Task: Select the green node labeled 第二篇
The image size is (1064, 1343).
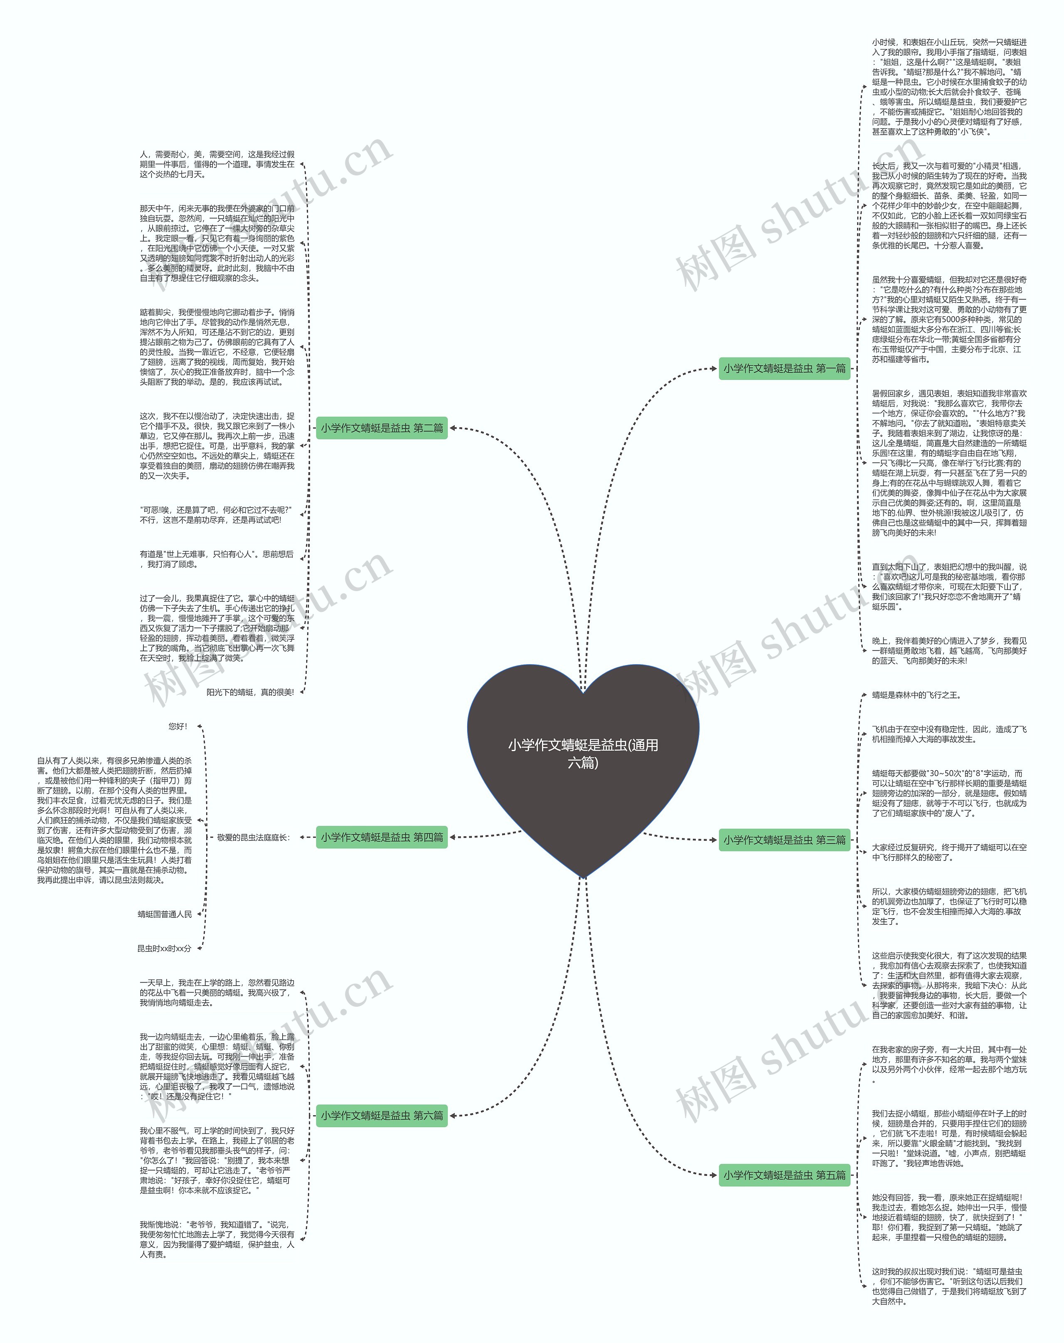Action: pyautogui.click(x=382, y=428)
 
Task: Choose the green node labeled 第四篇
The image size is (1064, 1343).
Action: pyautogui.click(x=382, y=837)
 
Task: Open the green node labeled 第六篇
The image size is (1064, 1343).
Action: pyautogui.click(x=382, y=1115)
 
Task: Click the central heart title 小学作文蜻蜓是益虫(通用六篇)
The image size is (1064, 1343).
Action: pyautogui.click(x=583, y=753)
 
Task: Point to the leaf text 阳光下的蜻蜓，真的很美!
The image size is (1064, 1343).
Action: pyautogui.click(x=250, y=692)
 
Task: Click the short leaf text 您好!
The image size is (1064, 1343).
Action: pyautogui.click(x=177, y=726)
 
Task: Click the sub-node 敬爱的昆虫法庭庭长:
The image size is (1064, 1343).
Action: pyautogui.click(x=254, y=837)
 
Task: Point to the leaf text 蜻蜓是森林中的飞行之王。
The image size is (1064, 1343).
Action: pyautogui.click(x=916, y=695)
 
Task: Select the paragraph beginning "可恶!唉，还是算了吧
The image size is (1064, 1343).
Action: pyautogui.click(x=216, y=515)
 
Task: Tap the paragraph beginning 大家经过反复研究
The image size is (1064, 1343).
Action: pyautogui.click(x=949, y=852)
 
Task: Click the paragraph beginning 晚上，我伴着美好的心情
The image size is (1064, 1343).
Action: pyautogui.click(x=949, y=651)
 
